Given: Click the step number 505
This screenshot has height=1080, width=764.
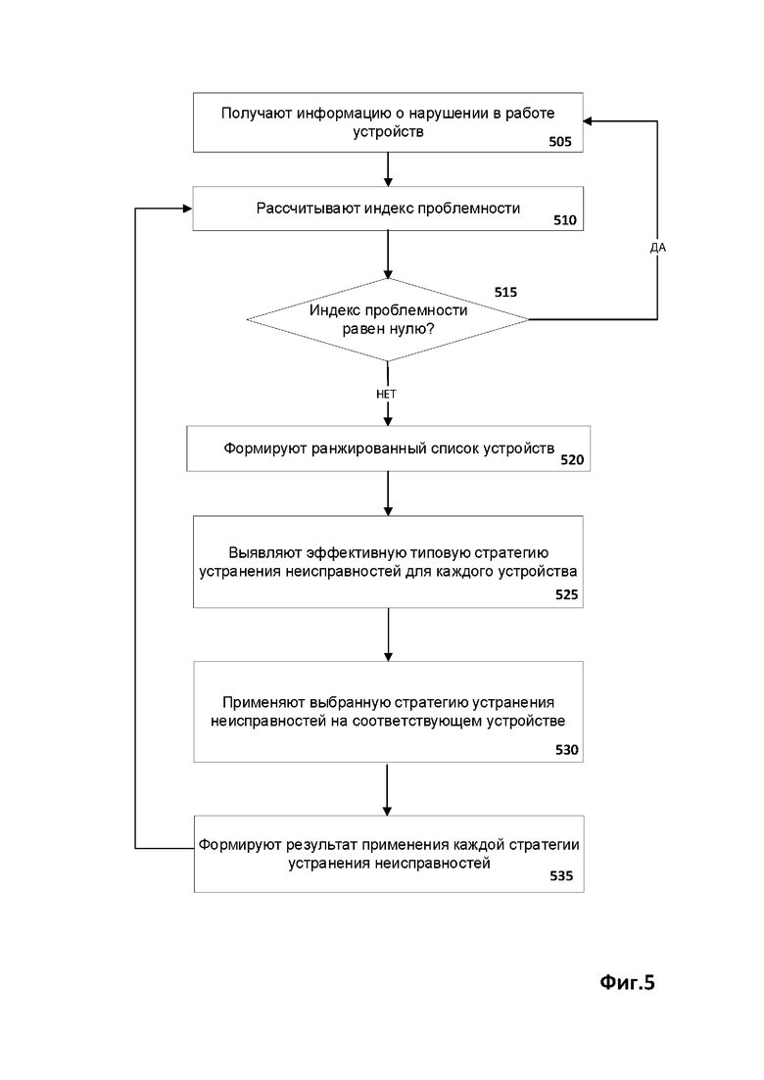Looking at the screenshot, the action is click(560, 142).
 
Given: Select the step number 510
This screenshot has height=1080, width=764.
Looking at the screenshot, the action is click(565, 220).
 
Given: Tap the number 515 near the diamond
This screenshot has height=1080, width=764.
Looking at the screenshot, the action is click(505, 292).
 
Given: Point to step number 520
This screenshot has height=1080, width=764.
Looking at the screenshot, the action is click(572, 460).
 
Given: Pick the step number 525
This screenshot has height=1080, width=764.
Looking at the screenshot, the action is click(567, 594).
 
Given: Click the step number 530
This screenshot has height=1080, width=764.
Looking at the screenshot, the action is click(567, 750).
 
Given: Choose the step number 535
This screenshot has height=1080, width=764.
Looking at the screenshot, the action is click(561, 876).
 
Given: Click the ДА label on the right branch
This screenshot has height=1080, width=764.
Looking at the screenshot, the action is click(658, 248).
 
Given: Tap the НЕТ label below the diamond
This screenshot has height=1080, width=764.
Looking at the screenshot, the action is click(387, 394).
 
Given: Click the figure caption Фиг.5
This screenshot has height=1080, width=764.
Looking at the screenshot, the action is click(627, 982).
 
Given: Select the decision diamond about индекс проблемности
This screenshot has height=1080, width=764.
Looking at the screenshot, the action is click(388, 319).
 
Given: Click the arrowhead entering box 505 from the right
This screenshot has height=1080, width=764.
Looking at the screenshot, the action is click(588, 121).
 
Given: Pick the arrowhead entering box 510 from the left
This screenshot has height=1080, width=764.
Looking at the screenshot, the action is click(187, 209).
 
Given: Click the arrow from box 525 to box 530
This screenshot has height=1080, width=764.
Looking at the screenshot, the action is click(388, 635).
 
